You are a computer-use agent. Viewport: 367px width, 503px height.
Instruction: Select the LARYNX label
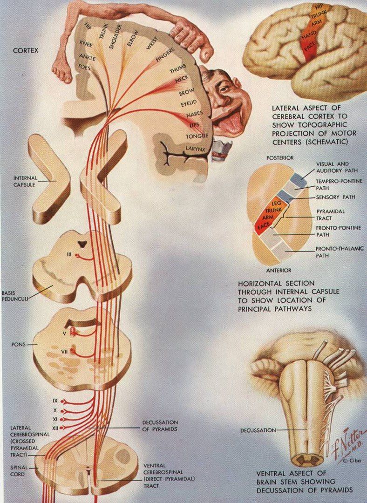(x=196, y=149)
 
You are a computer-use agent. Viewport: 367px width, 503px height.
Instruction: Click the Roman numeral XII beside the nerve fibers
(x=55, y=427)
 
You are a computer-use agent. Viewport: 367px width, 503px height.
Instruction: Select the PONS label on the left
(x=19, y=345)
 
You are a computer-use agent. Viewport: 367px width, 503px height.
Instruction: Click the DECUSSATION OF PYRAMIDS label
(x=159, y=426)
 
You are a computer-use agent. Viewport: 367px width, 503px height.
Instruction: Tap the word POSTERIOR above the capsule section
(x=280, y=158)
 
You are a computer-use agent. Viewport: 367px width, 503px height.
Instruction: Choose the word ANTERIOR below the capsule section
(x=278, y=270)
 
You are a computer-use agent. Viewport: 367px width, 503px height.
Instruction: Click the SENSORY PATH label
(x=335, y=197)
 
